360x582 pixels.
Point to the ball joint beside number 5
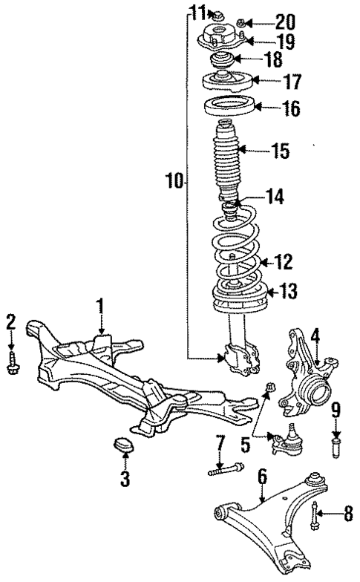click(x=283, y=442)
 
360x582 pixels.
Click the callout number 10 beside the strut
click(x=173, y=181)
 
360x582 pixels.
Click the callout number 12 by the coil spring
click(x=283, y=261)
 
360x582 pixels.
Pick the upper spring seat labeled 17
click(x=229, y=79)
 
